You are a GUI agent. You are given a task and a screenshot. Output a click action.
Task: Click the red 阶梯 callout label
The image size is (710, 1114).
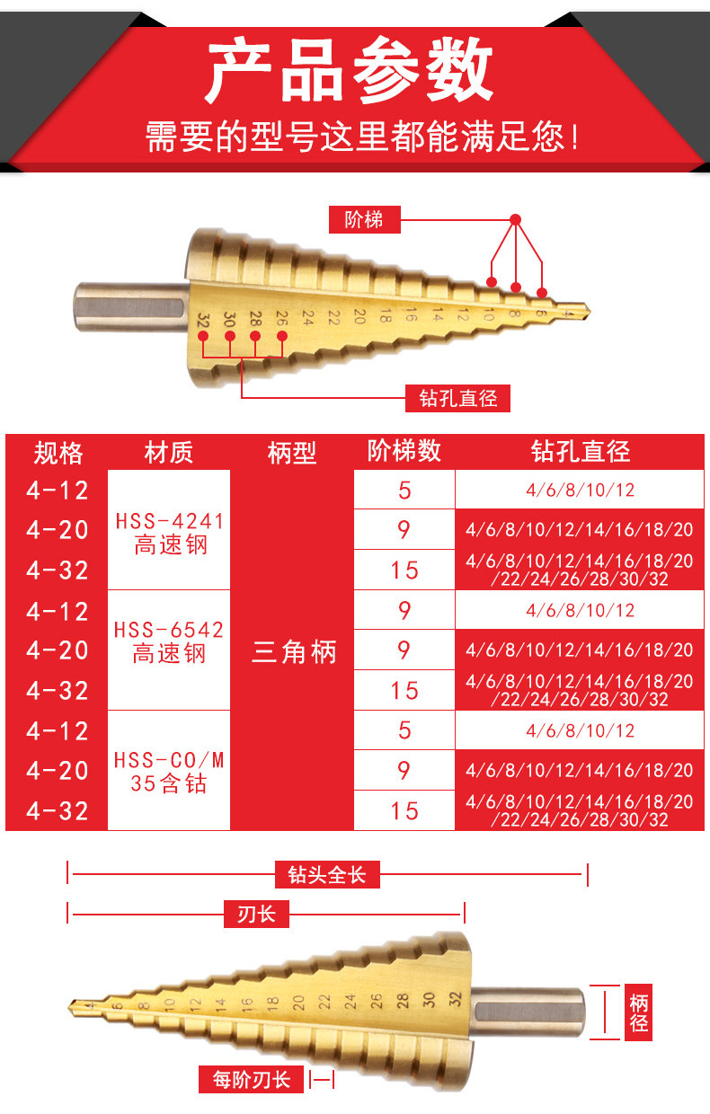tap(363, 218)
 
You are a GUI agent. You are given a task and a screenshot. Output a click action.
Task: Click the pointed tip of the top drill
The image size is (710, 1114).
tap(586, 312)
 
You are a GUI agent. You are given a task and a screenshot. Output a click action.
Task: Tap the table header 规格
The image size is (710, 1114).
tap(58, 453)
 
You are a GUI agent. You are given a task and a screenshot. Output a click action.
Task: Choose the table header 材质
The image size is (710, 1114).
tap(169, 453)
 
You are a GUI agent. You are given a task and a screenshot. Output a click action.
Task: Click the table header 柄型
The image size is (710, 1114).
tap(292, 453)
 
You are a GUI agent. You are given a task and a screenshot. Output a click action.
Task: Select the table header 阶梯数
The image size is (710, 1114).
tap(404, 451)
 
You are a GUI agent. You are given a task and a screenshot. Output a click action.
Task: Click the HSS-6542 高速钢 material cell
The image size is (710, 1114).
tap(169, 641)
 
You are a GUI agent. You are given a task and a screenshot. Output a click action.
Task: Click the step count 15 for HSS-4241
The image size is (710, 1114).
tap(404, 570)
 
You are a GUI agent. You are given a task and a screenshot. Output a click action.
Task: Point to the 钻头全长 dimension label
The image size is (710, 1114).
tap(327, 874)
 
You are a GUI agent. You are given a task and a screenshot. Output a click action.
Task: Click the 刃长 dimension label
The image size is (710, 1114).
tap(256, 915)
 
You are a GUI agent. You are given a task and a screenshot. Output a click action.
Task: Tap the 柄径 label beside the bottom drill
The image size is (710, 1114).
tap(639, 1012)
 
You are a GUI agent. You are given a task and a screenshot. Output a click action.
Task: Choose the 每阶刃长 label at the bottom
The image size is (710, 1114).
tap(251, 1079)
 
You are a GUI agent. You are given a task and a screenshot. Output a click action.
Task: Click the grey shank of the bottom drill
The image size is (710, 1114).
tap(530, 1011)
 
